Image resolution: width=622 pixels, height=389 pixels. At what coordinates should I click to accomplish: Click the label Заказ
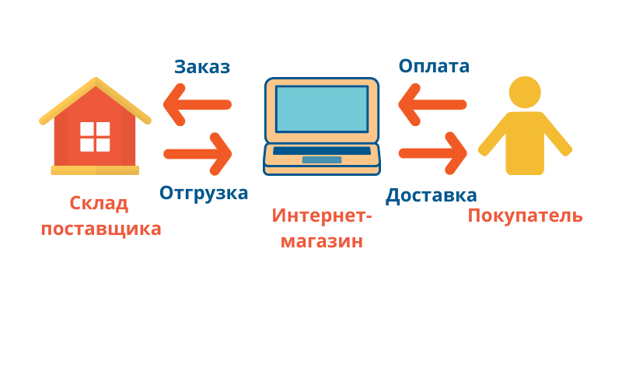(202, 67)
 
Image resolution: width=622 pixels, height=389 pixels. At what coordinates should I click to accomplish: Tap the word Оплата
(434, 66)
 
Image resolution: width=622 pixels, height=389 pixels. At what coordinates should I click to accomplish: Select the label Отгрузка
(204, 194)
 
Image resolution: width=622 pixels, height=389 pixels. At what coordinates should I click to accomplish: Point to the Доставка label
(432, 196)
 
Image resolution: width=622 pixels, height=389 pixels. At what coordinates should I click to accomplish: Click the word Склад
(99, 204)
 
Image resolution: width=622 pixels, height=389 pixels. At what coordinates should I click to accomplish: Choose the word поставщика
(101, 229)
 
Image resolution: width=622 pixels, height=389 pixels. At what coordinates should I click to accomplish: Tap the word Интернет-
(322, 216)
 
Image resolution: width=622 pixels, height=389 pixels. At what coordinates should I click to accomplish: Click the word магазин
(322, 241)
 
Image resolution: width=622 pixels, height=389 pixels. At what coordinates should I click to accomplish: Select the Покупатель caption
(526, 216)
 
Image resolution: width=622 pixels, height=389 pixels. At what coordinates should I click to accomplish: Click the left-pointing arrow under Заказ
(197, 105)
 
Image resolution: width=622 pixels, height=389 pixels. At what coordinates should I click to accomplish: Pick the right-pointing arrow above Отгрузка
(197, 154)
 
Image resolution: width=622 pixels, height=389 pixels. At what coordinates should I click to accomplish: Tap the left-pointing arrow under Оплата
(432, 105)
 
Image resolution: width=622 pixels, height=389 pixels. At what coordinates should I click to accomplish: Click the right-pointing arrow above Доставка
(432, 153)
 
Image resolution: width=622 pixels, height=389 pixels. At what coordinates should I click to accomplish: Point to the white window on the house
(95, 137)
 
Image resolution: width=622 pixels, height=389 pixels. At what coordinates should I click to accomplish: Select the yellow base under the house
(95, 170)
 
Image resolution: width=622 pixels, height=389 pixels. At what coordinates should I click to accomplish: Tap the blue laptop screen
(322, 109)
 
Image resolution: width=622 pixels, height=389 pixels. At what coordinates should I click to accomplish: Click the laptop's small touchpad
(322, 159)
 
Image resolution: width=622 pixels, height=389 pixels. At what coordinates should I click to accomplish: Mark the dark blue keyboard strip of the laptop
(322, 150)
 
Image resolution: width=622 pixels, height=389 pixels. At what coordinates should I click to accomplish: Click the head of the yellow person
(525, 92)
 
